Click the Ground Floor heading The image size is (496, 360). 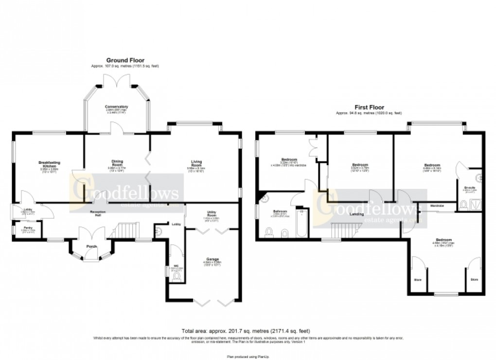click(125, 60)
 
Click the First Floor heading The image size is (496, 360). click(370, 107)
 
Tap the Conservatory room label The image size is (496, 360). click(117, 106)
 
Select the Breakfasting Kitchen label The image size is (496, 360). click(49, 164)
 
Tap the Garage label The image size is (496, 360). click(212, 260)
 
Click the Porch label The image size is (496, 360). click(91, 246)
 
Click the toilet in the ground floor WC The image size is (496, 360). click(177, 277)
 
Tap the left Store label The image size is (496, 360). click(417, 280)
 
